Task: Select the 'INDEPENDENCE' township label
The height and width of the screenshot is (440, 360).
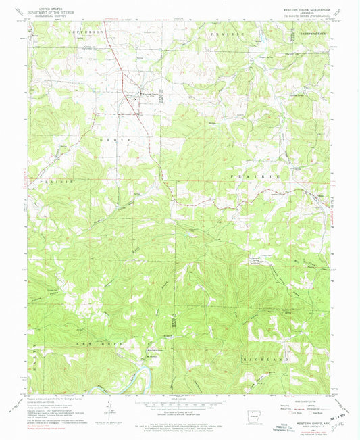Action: point(303,32)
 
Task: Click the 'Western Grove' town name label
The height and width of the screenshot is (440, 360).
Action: point(152,93)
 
